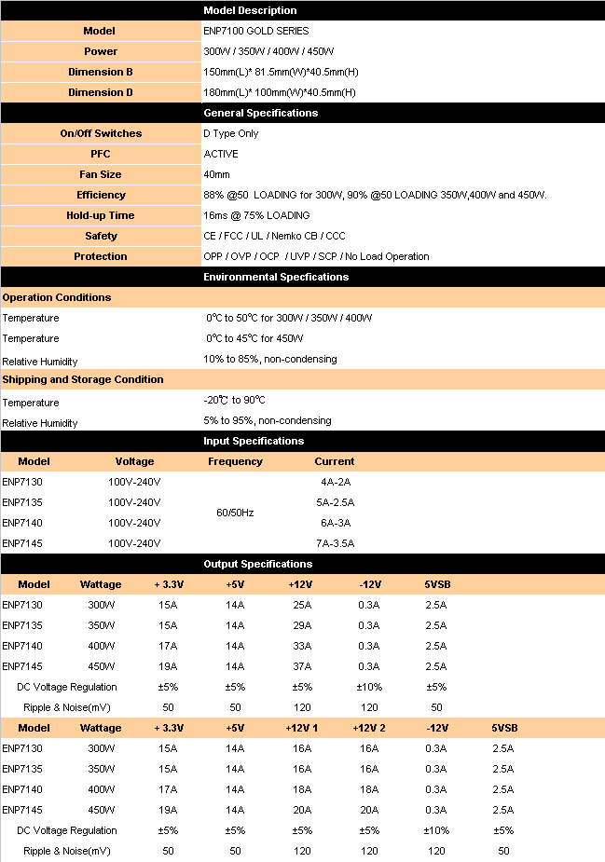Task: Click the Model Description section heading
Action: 250,10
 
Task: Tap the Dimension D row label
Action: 101,92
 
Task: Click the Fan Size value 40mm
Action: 216,174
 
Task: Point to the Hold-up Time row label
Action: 101,215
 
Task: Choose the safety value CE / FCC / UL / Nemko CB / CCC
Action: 275,236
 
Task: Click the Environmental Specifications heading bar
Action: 276,277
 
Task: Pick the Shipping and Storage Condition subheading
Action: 83,379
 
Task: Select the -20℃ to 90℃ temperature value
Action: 234,400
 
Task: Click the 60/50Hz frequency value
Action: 235,513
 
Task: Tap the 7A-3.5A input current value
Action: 335,543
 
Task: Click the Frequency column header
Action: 235,461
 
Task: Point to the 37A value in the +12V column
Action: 302,666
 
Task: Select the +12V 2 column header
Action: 369,728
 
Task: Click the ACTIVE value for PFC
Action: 221,154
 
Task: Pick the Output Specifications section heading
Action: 258,564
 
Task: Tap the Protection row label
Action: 101,256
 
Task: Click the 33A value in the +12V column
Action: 302,646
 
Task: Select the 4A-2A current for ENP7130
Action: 335,482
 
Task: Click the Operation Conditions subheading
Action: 57,297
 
